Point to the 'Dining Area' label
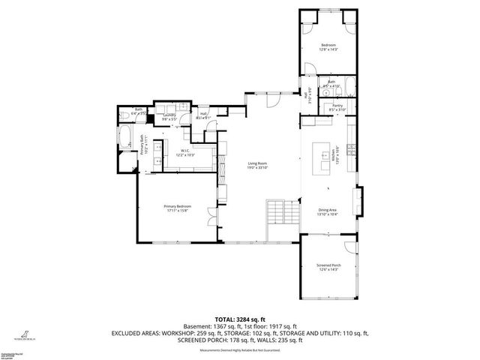tap(328, 211)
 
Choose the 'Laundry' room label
tap(169, 115)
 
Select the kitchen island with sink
tap(323, 155)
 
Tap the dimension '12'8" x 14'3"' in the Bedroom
tap(328, 50)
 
